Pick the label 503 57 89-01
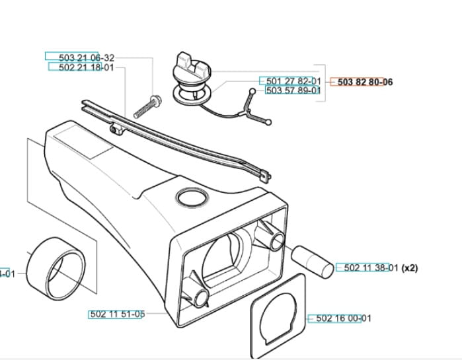[x=293, y=90]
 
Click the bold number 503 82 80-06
[x=365, y=82]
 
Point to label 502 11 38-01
[x=370, y=268]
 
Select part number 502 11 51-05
[x=116, y=314]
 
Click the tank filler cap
[x=192, y=68]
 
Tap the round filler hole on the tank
[x=191, y=196]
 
